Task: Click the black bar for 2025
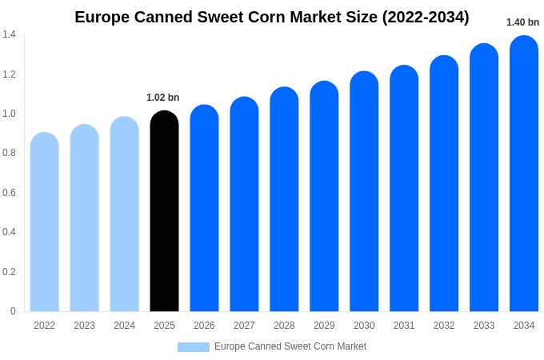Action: [x=164, y=212]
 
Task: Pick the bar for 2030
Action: [x=364, y=192]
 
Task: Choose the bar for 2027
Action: [x=244, y=205]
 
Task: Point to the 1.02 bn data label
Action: [x=162, y=98]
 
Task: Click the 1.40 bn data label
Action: [x=522, y=22]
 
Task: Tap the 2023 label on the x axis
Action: [x=84, y=326]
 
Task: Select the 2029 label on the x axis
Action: [x=324, y=326]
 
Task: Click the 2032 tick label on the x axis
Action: [x=444, y=326]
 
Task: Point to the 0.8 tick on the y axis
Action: [x=9, y=153]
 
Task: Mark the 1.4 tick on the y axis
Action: [x=9, y=34]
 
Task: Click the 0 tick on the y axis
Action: [x=13, y=311]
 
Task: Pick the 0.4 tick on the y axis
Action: [x=9, y=232]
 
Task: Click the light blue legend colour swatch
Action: [x=193, y=347]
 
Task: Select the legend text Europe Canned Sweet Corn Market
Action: [x=290, y=346]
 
